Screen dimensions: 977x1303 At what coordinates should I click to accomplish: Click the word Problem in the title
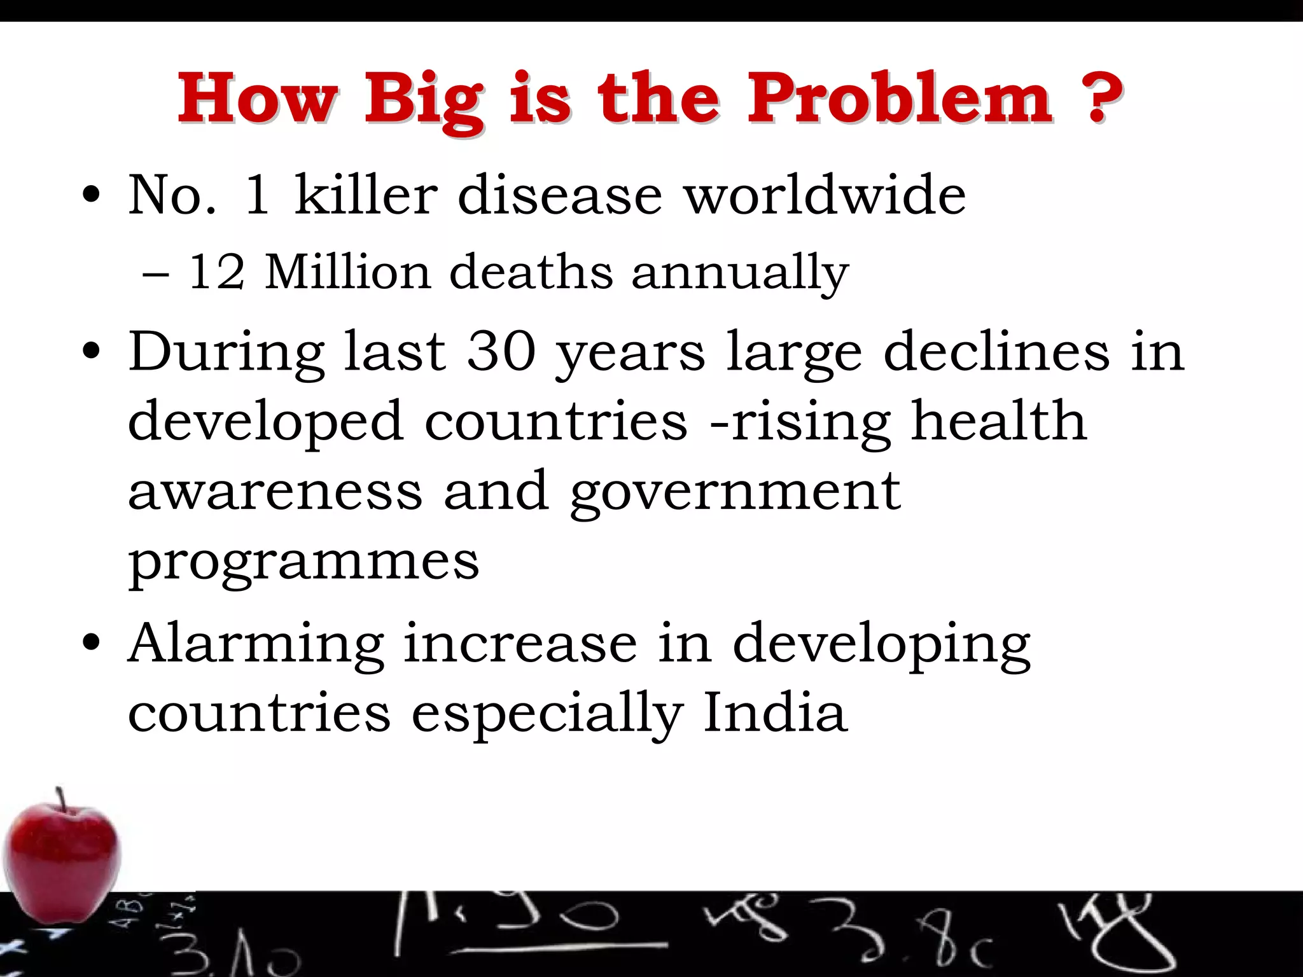[x=899, y=99]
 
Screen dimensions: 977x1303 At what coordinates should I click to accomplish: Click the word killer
[x=366, y=195]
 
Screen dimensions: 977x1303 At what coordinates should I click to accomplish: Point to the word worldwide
[x=825, y=195]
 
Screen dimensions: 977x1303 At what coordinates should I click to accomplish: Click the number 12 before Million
[x=216, y=272]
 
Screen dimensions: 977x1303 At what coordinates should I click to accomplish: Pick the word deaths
[x=531, y=272]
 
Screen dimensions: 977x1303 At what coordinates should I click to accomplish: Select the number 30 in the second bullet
[x=501, y=352]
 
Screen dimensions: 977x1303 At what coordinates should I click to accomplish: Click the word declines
[x=996, y=352]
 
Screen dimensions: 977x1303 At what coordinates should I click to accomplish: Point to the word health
[x=998, y=421]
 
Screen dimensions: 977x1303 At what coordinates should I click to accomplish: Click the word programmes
[x=303, y=563]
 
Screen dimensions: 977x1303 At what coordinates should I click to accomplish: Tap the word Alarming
[x=256, y=645]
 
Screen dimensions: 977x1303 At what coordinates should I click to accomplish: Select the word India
[x=775, y=712]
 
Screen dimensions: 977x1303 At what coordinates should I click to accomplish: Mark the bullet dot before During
[x=92, y=352]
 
